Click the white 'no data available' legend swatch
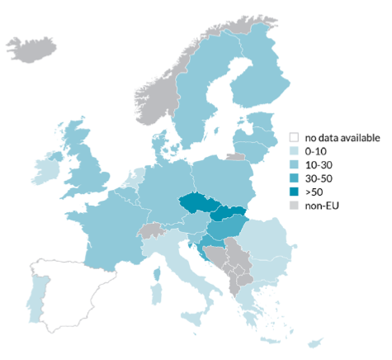point(293,138)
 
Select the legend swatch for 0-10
point(293,151)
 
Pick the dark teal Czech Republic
point(197,203)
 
